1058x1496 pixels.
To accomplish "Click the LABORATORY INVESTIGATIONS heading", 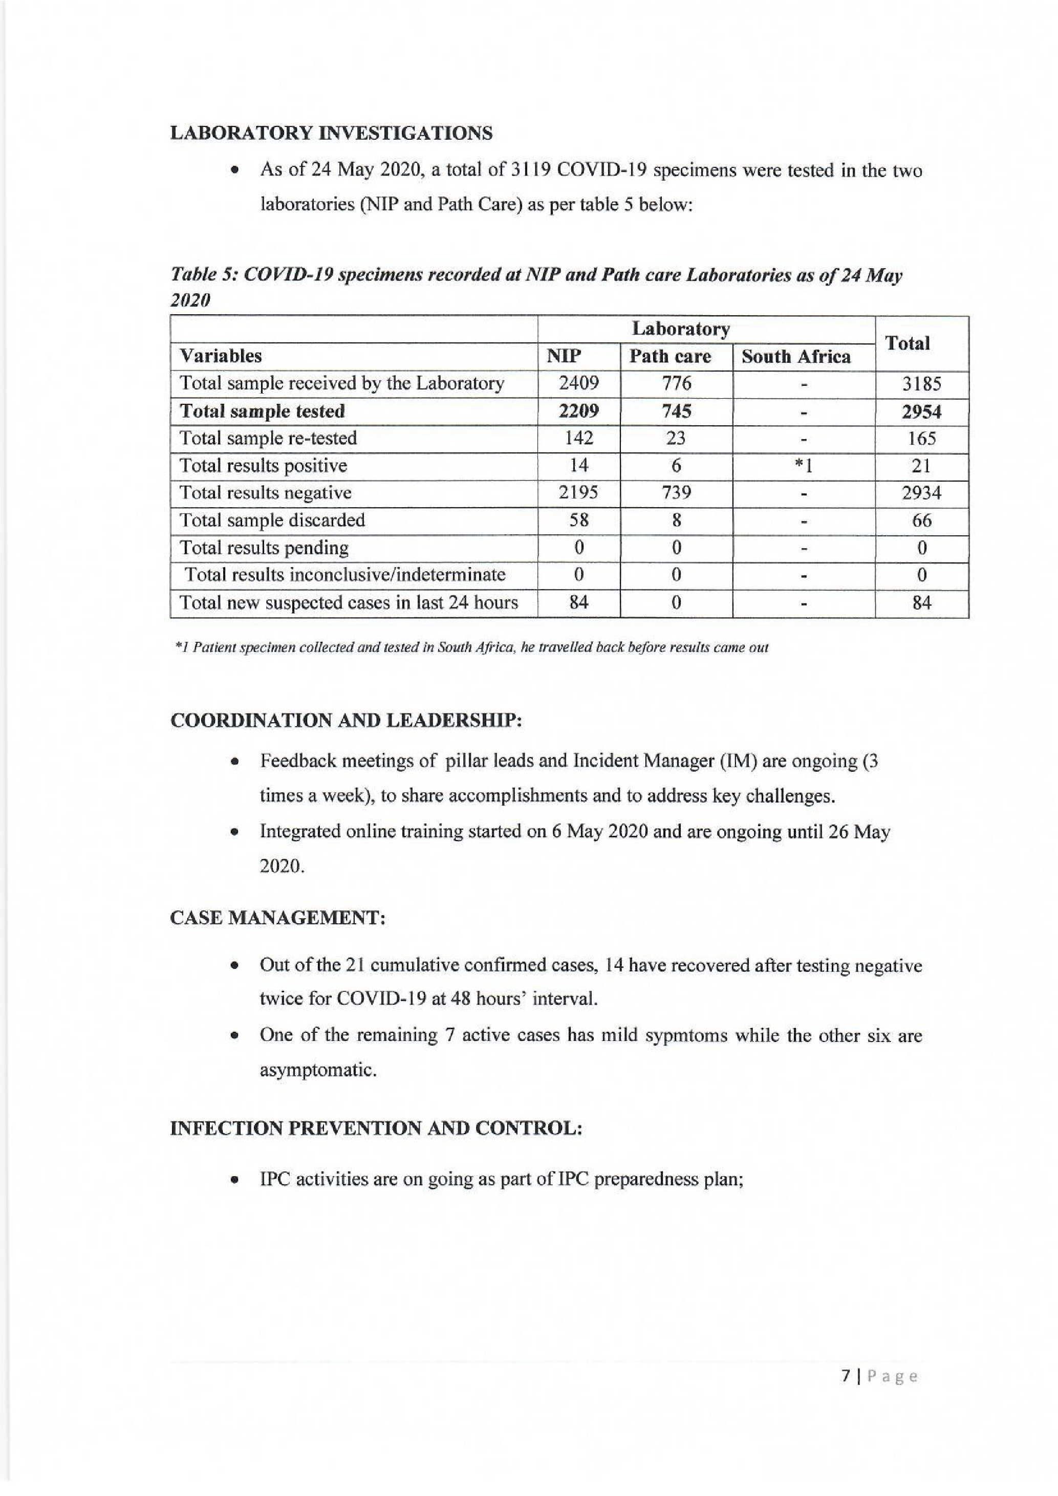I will pyautogui.click(x=331, y=133).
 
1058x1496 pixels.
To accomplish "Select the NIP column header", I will pyautogui.click(x=564, y=356).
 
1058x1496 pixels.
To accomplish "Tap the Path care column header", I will pyautogui.click(x=670, y=356).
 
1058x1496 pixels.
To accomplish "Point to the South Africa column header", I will pyautogui.click(x=796, y=356).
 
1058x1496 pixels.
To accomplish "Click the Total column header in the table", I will pyautogui.click(x=908, y=343).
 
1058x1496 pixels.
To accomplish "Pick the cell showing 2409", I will pyautogui.click(x=578, y=383).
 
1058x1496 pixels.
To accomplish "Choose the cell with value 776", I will pyautogui.click(x=676, y=383).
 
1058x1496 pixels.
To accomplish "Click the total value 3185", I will pyautogui.click(x=921, y=384).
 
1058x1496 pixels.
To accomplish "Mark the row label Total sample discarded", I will pyautogui.click(x=272, y=520).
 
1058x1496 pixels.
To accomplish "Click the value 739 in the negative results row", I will pyautogui.click(x=676, y=492).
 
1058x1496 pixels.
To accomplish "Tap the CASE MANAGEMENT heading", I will pyautogui.click(x=277, y=918).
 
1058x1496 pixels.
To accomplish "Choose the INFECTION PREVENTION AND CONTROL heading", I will pyautogui.click(x=376, y=1129).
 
